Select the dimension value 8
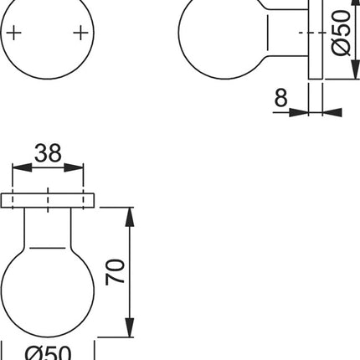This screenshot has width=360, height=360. pos(280,99)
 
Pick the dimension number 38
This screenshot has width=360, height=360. pos(49,152)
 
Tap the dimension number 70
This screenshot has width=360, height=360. pos(118,272)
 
